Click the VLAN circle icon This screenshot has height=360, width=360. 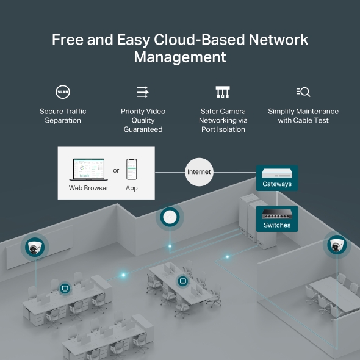tap(63, 92)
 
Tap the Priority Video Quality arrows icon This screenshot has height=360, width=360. tap(143, 92)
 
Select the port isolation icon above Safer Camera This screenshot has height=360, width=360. tap(223, 92)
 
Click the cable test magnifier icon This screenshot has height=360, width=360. tap(303, 92)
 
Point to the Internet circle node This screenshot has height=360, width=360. tap(199, 172)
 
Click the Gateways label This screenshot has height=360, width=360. tap(277, 184)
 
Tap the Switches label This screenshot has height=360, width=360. tap(277, 225)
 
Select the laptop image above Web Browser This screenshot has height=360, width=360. tap(88, 169)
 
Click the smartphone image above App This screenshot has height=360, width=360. tap(131, 169)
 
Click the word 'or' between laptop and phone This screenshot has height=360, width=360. tap(116, 171)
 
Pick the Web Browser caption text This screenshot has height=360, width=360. tap(88, 188)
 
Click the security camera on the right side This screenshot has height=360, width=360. tap(336, 245)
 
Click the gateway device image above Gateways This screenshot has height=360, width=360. tap(277, 172)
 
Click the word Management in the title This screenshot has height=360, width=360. tap(180, 57)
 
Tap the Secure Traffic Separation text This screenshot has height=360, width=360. tap(63, 116)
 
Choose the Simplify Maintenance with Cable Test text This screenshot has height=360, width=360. tap(303, 116)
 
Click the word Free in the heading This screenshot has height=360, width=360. tap(66, 40)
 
